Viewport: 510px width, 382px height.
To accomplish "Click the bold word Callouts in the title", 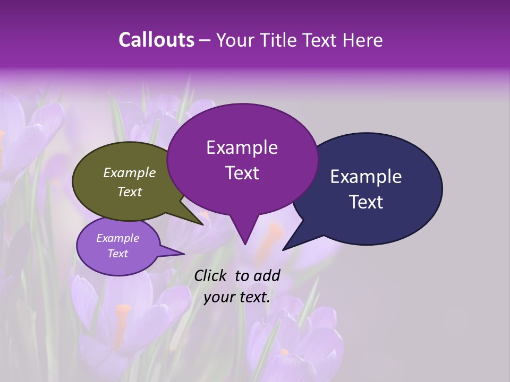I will pyautogui.click(x=156, y=40).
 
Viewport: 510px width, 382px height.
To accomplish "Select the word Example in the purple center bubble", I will pyautogui.click(x=242, y=147).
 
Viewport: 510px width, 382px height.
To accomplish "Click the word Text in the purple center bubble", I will pyautogui.click(x=242, y=173).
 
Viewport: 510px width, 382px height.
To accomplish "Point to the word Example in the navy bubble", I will pyautogui.click(x=366, y=177).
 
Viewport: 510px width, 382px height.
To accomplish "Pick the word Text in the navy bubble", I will pyautogui.click(x=366, y=202).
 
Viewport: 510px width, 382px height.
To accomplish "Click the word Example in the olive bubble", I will pyautogui.click(x=129, y=172).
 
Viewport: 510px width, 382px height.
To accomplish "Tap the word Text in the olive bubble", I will pyautogui.click(x=129, y=192).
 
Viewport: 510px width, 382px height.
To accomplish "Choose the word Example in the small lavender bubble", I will pyautogui.click(x=117, y=238).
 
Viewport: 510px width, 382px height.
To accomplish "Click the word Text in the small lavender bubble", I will pyautogui.click(x=117, y=254).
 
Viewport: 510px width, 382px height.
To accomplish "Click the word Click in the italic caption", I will pyautogui.click(x=210, y=275).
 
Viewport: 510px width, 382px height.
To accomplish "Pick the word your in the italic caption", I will pyautogui.click(x=218, y=297).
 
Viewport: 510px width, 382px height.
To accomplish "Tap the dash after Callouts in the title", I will pyautogui.click(x=206, y=40).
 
